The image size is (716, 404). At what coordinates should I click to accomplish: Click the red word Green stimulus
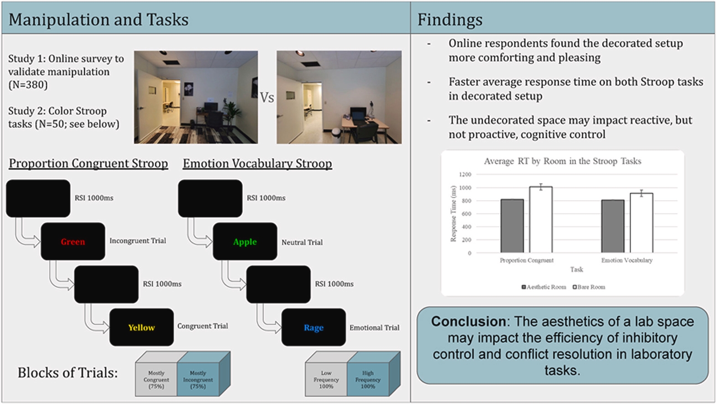pos(73,242)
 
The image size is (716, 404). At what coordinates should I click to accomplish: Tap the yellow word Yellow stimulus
pos(141,327)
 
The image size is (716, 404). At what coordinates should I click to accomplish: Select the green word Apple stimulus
pos(245,242)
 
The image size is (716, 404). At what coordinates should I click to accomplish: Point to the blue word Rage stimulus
pos(314,327)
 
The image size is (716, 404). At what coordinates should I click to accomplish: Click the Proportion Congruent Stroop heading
pos(89,163)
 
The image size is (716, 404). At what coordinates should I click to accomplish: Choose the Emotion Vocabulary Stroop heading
pos(257,163)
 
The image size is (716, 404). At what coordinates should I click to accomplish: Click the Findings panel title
pos(450,20)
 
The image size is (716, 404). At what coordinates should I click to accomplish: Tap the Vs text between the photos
pos(267,98)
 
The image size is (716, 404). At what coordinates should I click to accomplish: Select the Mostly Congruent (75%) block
pos(156,379)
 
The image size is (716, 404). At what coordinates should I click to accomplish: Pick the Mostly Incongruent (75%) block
pos(198,379)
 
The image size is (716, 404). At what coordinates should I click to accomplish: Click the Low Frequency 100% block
pos(326,379)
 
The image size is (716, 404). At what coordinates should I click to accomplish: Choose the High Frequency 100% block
pos(368,379)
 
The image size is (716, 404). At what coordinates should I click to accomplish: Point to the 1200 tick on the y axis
pos(465,175)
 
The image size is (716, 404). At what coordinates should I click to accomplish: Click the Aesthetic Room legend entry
pos(544,287)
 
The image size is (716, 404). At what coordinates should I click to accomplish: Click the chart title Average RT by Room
pos(562,161)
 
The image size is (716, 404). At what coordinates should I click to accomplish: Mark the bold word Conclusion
pos(468,321)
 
